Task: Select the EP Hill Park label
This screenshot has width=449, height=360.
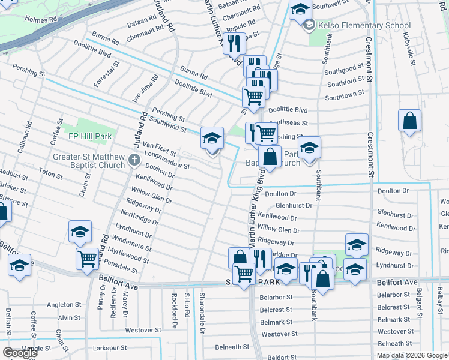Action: click(90, 137)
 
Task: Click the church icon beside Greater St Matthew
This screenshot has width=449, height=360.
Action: click(134, 161)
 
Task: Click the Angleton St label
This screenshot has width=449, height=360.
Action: click(64, 305)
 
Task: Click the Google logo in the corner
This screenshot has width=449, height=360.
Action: click(19, 353)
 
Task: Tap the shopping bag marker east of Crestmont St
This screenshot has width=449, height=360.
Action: click(409, 121)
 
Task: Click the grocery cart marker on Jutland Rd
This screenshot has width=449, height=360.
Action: click(87, 259)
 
